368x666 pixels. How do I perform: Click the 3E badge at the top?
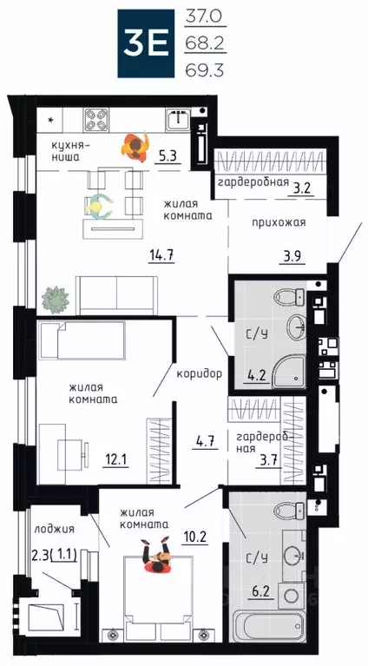point(148,40)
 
